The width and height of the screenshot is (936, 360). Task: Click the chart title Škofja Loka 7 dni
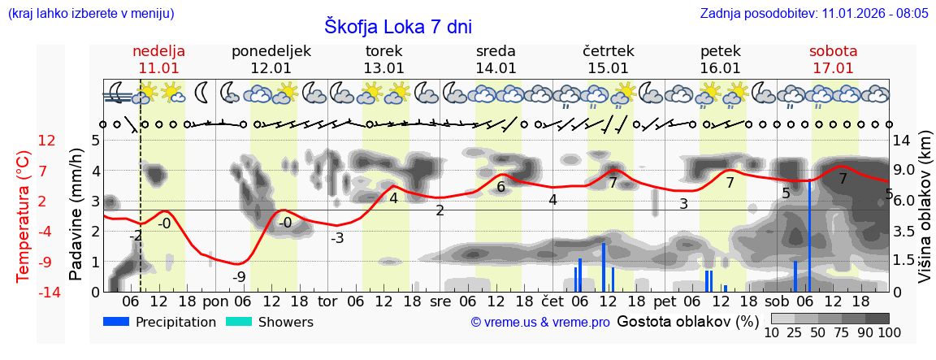pyautogui.click(x=398, y=26)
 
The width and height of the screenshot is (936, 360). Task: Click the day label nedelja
pyautogui.click(x=159, y=51)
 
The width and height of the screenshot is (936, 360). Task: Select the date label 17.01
pyautogui.click(x=833, y=68)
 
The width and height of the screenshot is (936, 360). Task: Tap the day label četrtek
pyautogui.click(x=609, y=51)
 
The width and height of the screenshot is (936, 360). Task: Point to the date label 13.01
pyautogui.click(x=383, y=68)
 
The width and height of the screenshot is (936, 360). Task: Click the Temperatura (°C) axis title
pyautogui.click(x=24, y=215)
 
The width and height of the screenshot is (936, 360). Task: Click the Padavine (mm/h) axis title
pyautogui.click(x=76, y=215)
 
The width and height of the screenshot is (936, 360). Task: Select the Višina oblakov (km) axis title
pyautogui.click(x=924, y=215)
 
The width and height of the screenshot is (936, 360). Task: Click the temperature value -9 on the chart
pyautogui.click(x=239, y=277)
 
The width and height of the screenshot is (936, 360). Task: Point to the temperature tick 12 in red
pyautogui.click(x=47, y=141)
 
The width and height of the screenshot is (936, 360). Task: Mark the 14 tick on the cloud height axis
pyautogui.click(x=901, y=141)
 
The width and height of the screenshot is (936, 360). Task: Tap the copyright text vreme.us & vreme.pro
pyautogui.click(x=540, y=323)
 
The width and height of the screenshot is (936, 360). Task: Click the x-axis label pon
pyautogui.click(x=215, y=301)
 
